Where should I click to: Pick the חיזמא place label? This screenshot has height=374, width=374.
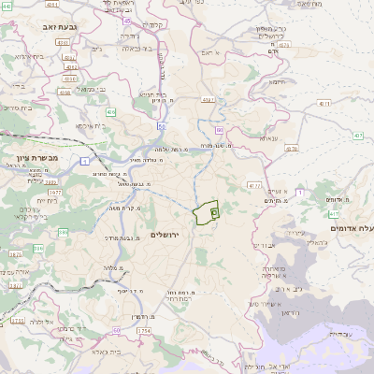click(x=278, y=81)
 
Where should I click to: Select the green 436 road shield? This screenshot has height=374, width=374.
click(x=111, y=112)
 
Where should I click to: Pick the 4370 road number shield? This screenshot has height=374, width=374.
click(x=292, y=148)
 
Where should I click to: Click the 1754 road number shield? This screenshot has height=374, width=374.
click(x=143, y=331)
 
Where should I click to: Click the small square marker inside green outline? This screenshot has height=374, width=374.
click(x=214, y=213)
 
